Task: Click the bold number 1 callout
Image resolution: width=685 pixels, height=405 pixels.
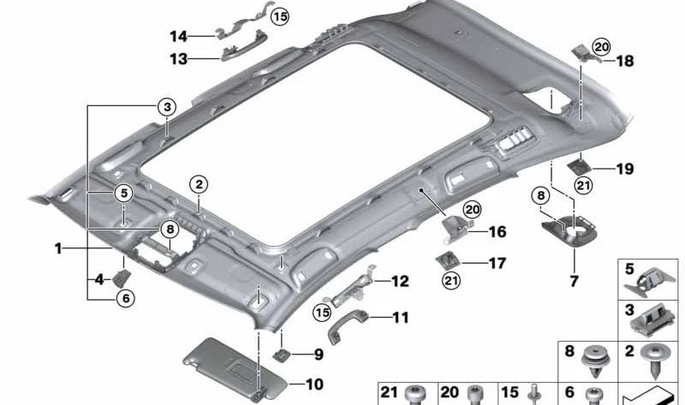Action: click(57, 249)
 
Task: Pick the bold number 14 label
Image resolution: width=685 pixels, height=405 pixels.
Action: click(178, 36)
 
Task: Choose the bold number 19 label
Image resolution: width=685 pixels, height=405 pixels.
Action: click(624, 170)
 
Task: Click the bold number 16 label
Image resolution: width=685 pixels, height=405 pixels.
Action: click(498, 232)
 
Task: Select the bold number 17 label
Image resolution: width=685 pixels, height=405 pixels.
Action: click(497, 264)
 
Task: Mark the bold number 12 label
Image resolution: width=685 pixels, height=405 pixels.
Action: click(400, 281)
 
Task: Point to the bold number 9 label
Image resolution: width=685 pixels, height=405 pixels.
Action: click(319, 354)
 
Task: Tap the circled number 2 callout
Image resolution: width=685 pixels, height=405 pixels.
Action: click(199, 183)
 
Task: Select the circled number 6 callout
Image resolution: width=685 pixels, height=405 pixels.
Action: click(125, 299)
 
